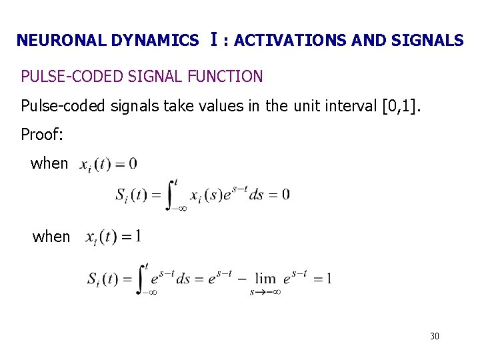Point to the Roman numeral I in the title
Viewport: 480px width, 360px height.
[x=212, y=39]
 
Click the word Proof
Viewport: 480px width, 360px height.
[x=42, y=134]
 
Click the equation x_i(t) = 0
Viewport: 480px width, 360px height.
[x=108, y=163]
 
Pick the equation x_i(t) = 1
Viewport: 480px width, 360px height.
[x=113, y=237]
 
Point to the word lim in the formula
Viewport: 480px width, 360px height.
[x=266, y=278]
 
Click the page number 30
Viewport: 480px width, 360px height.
[x=435, y=336]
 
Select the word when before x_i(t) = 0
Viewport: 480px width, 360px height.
[x=49, y=163]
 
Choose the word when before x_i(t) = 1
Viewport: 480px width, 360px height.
[x=51, y=237]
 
